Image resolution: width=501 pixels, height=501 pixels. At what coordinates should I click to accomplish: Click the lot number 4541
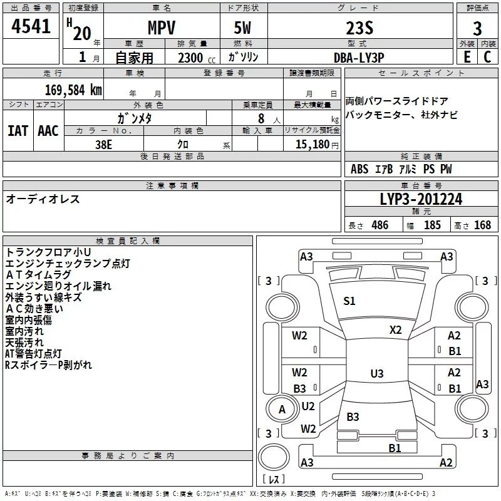tap(31, 26)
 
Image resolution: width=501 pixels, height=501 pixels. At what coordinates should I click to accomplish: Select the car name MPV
tap(162, 28)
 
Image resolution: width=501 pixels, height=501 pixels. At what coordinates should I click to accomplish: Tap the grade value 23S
tap(359, 28)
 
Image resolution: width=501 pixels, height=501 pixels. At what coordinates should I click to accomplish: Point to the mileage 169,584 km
tap(73, 90)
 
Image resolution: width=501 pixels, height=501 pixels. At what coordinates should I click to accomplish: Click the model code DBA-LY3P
tap(359, 58)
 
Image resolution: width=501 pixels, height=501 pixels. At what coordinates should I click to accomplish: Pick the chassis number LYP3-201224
tap(421, 199)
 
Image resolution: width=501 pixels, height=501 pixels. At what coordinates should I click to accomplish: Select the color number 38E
tap(103, 145)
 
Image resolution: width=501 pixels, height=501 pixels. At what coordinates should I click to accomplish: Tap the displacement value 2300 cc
tap(197, 58)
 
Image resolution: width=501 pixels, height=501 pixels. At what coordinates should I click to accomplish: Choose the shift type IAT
tap(18, 131)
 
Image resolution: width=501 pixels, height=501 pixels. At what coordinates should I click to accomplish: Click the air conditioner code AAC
tap(48, 131)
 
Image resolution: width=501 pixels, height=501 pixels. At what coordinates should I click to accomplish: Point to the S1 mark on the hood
tap(349, 301)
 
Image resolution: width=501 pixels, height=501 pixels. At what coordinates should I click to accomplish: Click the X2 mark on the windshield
tap(395, 330)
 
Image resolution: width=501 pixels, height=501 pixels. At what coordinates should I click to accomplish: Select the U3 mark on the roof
tap(377, 373)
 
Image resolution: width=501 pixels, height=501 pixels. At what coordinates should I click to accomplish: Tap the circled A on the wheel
tap(282, 410)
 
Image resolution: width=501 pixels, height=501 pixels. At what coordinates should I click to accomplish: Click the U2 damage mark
tap(308, 406)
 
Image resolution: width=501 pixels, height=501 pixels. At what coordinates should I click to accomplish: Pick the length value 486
tap(380, 225)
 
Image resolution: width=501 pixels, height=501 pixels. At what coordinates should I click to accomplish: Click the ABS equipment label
tap(359, 169)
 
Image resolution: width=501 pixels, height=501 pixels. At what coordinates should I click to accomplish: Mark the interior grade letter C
tap(487, 57)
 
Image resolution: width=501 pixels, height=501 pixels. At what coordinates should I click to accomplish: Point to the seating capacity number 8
tap(261, 118)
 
